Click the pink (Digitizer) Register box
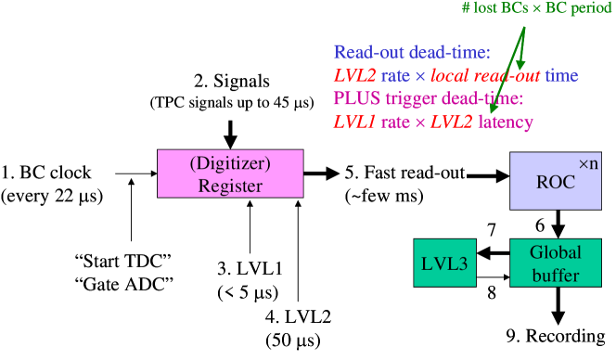coord(230,174)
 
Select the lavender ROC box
coord(556,181)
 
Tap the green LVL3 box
coord(444,264)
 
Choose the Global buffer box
coord(556,264)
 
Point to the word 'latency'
coord(506,122)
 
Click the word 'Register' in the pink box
coord(230,186)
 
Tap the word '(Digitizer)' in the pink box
coord(230,163)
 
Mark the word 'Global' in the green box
coord(556,252)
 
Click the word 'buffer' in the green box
coord(556,276)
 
